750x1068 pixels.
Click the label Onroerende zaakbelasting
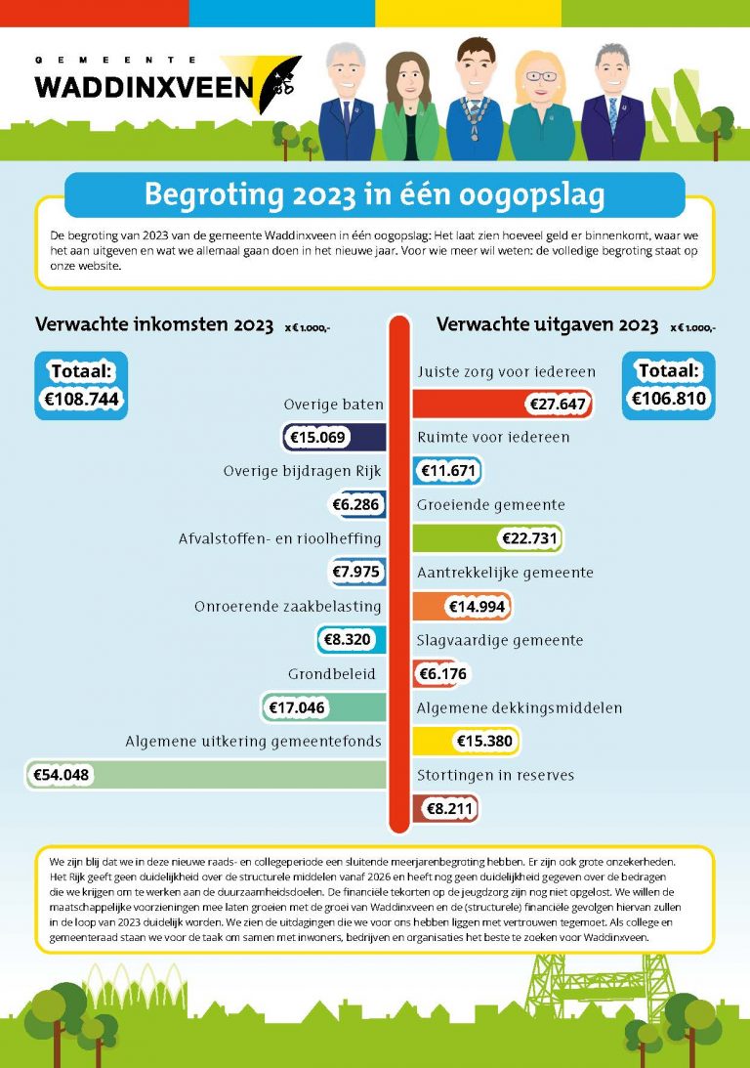pos(287,607)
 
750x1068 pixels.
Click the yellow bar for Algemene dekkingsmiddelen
pos(466,742)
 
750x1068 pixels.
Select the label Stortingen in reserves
pos(495,776)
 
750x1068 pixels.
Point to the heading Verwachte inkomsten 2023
pos(154,325)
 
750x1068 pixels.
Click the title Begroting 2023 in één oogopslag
pos(374,194)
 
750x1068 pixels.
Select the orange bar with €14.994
pos(462,607)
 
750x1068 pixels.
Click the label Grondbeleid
pos(332,674)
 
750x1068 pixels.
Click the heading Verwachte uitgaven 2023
pos(547,325)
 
